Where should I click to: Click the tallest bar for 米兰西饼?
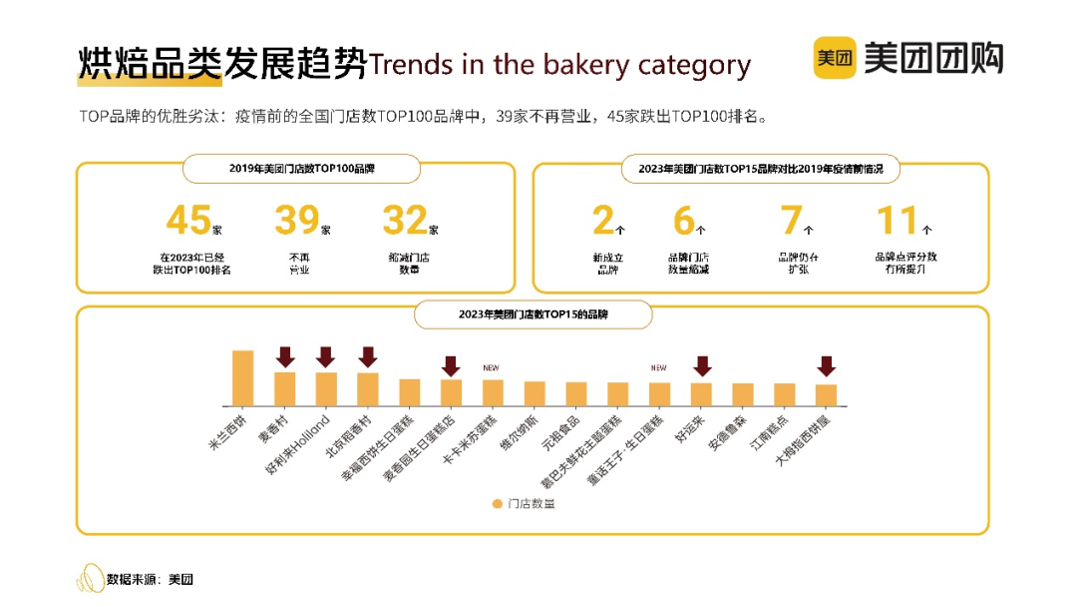click(x=242, y=377)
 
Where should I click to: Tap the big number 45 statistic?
click(x=188, y=221)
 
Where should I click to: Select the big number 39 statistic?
click(x=297, y=221)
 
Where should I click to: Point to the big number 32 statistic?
click(x=405, y=221)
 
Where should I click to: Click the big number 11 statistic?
click(x=897, y=221)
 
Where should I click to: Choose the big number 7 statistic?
click(x=792, y=221)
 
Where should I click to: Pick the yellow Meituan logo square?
click(x=835, y=58)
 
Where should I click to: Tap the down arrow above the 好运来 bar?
click(x=702, y=366)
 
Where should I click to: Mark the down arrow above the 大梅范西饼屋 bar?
click(x=827, y=366)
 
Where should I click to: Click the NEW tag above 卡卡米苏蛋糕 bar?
click(x=491, y=367)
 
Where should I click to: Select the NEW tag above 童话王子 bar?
click(x=658, y=367)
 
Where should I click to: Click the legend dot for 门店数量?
click(x=497, y=503)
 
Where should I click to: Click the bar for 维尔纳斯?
click(x=535, y=393)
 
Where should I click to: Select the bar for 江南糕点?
click(x=785, y=394)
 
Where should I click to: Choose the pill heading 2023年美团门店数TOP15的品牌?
click(x=534, y=314)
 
